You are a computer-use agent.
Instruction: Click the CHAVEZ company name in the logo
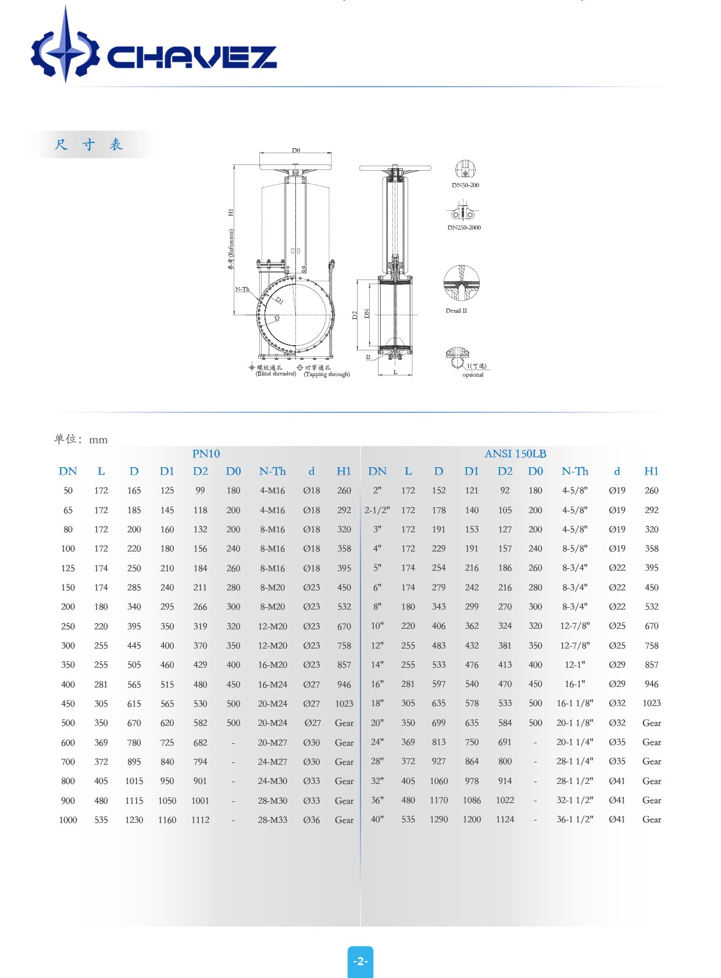tap(192, 57)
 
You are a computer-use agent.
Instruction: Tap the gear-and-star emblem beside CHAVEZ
tap(65, 51)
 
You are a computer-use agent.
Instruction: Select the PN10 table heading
tap(206, 454)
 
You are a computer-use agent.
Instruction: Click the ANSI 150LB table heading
tap(515, 454)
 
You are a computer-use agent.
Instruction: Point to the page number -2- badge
tap(360, 961)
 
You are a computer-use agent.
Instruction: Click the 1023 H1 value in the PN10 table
tap(344, 704)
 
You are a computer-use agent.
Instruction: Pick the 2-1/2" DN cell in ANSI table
tap(377, 510)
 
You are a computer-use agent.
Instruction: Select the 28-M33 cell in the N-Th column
tap(273, 820)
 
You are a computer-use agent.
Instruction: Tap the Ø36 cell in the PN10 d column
tap(312, 820)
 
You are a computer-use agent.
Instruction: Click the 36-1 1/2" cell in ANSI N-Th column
tap(574, 819)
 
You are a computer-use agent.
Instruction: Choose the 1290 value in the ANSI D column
tap(439, 819)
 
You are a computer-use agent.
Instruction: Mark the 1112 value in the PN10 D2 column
tap(200, 820)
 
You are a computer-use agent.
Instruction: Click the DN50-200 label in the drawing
tap(465, 185)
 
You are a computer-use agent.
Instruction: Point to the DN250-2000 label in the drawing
tap(464, 228)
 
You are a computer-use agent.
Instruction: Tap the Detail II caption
tap(456, 311)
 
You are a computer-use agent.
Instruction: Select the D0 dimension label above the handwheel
tap(296, 151)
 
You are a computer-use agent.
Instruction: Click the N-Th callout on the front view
tap(242, 289)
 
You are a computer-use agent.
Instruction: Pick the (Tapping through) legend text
tap(327, 374)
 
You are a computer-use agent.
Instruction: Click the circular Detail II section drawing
tap(462, 283)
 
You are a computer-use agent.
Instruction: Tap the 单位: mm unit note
tap(81, 439)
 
